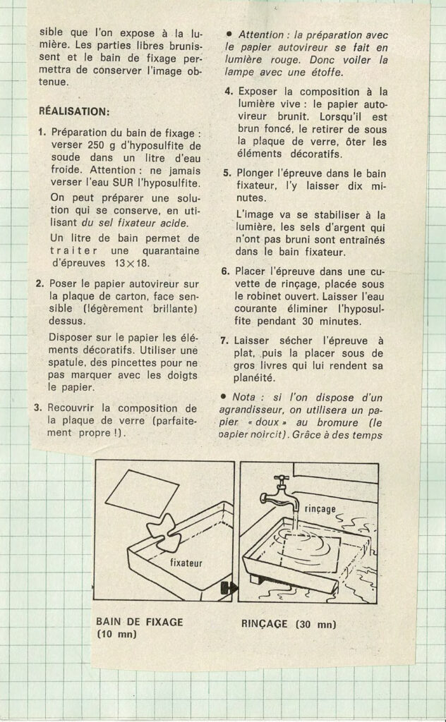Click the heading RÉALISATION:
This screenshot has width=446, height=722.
[74, 111]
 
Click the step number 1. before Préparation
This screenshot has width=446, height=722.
[42, 133]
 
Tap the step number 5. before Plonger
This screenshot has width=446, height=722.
[227, 173]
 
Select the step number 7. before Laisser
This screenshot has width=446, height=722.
[224, 341]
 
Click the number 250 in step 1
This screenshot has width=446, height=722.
[95, 145]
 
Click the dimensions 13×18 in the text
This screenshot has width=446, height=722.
[131, 264]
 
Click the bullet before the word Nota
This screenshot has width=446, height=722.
[223, 396]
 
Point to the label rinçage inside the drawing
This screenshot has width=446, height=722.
[320, 509]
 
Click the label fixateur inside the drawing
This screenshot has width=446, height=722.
[186, 563]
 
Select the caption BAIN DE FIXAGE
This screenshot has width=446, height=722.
[139, 622]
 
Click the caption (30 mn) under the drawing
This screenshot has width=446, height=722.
[317, 625]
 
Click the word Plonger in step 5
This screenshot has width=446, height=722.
[255, 174]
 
